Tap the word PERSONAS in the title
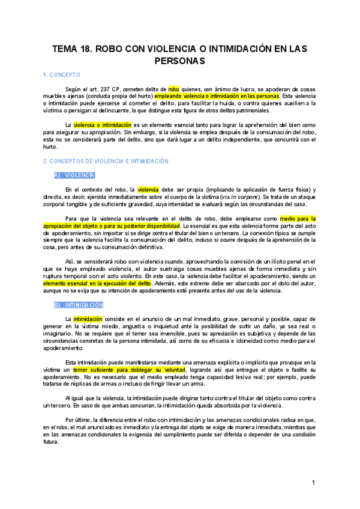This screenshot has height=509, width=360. (180, 61)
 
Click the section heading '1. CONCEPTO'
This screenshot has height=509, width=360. (62, 75)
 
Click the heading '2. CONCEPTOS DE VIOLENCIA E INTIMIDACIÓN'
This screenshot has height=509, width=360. (106, 161)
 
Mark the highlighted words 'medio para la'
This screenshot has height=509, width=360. (298, 219)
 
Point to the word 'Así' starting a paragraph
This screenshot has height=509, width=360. (70, 262)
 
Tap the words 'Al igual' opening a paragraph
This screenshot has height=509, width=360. (76, 399)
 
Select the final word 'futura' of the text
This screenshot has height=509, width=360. (51, 442)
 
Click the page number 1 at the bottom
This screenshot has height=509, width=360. (313, 483)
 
